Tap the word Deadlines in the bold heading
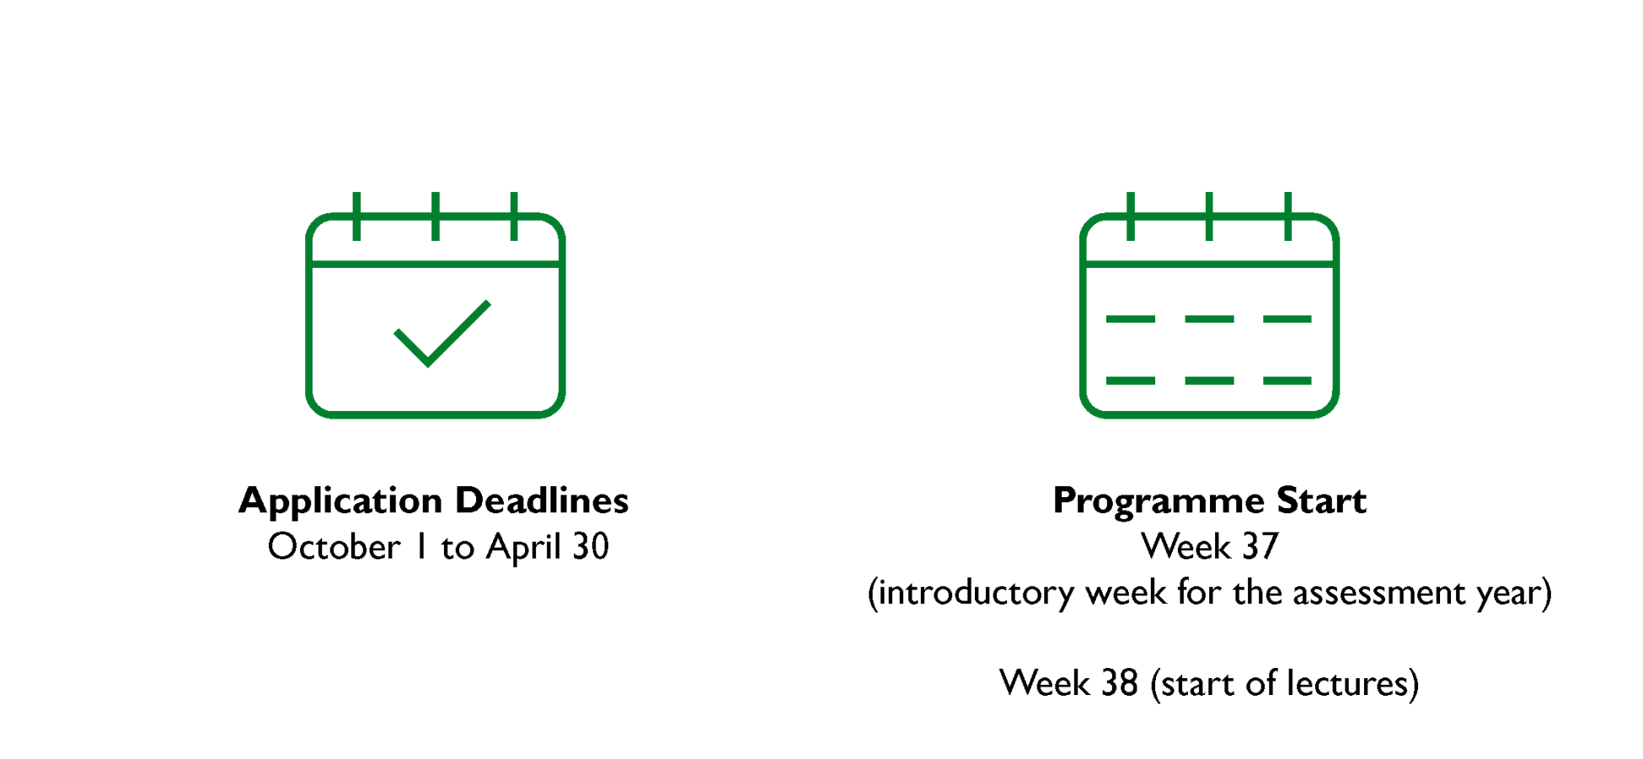pyautogui.click(x=542, y=500)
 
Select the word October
pyautogui.click(x=334, y=547)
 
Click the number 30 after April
pyautogui.click(x=591, y=548)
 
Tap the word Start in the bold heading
pyautogui.click(x=1321, y=500)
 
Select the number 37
pyautogui.click(x=1260, y=548)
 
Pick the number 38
pyautogui.click(x=1120, y=683)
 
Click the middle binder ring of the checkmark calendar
pyautogui.click(x=436, y=216)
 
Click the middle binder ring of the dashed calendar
pyautogui.click(x=1209, y=216)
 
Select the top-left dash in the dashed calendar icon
pyautogui.click(x=1130, y=319)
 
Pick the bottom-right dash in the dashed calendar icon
pyautogui.click(x=1287, y=381)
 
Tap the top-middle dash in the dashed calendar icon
pyautogui.click(x=1209, y=319)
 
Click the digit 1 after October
pyautogui.click(x=420, y=548)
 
